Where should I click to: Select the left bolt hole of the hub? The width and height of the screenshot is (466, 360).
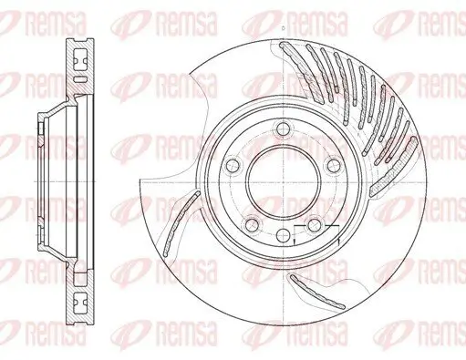232,165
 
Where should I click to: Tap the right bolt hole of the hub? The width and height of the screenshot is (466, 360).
334,164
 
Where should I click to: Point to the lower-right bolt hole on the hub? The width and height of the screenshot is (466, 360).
315,225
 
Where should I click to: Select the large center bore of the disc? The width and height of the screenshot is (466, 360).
283,179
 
